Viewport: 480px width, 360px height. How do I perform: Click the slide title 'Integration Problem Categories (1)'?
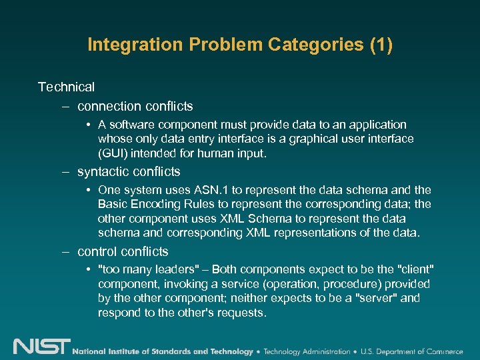[240, 45]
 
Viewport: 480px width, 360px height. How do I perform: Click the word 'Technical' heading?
[66, 87]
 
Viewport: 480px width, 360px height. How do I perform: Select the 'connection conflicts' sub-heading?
[135, 106]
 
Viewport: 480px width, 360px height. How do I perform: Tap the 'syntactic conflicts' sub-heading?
[129, 171]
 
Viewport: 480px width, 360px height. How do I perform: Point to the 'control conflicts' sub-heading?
[123, 251]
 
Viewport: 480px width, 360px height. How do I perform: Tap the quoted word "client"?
[416, 269]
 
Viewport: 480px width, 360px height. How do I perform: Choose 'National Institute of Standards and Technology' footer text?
[163, 351]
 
